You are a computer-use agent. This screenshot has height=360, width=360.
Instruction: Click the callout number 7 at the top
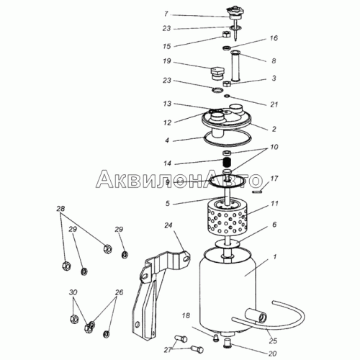(166, 14)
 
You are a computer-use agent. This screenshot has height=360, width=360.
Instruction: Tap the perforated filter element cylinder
(227, 217)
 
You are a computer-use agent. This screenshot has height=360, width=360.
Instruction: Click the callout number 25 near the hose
(273, 341)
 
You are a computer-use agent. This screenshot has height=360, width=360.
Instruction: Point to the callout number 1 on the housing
(275, 257)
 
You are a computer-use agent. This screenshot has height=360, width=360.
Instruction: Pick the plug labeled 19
(217, 74)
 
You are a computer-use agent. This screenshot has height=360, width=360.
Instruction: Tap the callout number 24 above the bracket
(168, 225)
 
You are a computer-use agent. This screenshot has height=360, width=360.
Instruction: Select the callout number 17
(274, 179)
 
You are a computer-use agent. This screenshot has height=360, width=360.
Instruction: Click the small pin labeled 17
(258, 192)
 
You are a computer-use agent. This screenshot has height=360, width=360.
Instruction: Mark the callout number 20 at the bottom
(273, 354)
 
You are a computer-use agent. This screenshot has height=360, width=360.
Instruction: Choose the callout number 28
(60, 209)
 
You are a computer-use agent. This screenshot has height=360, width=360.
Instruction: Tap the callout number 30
(73, 292)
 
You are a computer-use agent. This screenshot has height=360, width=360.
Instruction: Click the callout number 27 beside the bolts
(168, 350)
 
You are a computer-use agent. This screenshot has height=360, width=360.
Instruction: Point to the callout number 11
(274, 204)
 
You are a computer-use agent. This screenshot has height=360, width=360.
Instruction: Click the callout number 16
(274, 38)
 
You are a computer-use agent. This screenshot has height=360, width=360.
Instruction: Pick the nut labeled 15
(225, 35)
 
